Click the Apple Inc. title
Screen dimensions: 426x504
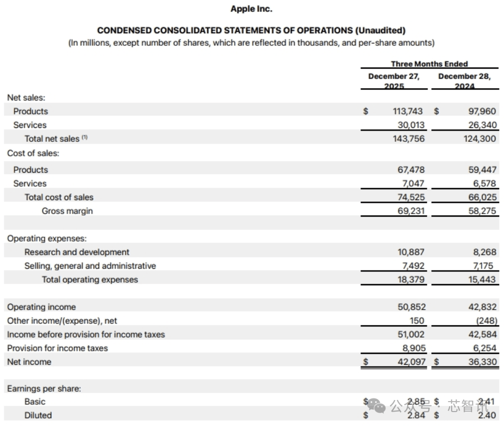(252, 9)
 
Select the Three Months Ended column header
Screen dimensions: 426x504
(429, 64)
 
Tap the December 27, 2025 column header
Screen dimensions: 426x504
(394, 81)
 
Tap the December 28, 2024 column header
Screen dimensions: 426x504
(464, 81)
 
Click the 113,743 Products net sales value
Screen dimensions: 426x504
(409, 111)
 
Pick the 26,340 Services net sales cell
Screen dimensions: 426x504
(482, 125)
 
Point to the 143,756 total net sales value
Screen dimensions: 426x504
(409, 139)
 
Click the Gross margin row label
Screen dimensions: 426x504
(67, 211)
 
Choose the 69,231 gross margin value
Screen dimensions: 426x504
(411, 211)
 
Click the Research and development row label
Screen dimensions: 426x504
(77, 252)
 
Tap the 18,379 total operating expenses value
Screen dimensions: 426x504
(411, 280)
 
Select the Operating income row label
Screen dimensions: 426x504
(41, 307)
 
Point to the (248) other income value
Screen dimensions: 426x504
(486, 321)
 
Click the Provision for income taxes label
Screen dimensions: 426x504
(57, 348)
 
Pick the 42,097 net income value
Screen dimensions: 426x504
(411, 362)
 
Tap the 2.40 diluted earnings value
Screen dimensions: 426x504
(487, 416)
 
